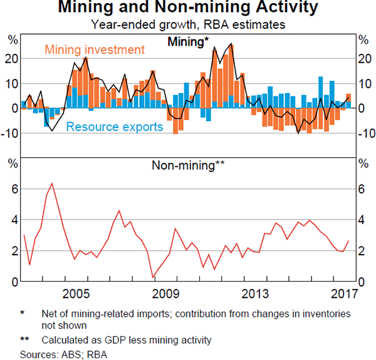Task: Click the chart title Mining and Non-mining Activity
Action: (x=187, y=9)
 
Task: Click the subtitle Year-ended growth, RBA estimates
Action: (x=187, y=25)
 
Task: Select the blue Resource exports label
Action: (x=115, y=127)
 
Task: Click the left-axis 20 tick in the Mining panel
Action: (x=11, y=58)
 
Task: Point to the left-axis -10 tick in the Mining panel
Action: (x=9, y=133)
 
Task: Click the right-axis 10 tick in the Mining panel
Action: (x=364, y=83)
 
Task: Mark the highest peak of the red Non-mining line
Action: (x=52, y=183)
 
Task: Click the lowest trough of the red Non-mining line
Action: (x=152, y=277)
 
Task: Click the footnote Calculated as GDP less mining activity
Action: (x=127, y=340)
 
